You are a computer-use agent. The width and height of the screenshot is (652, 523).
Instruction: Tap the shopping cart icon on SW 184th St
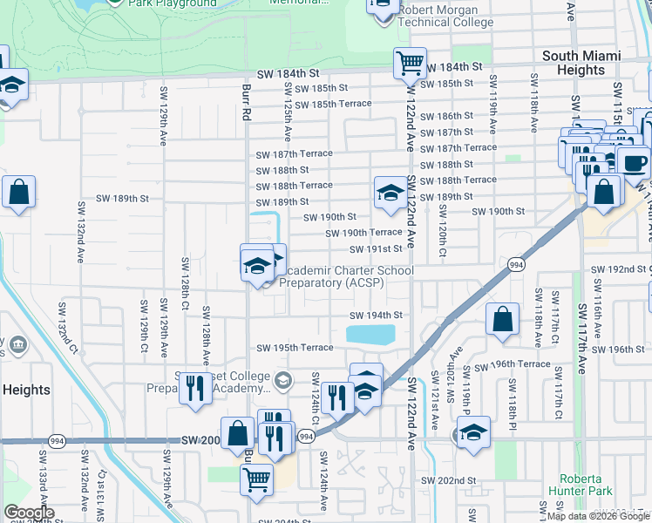click(409, 62)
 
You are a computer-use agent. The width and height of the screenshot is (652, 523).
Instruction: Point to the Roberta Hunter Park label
click(581, 486)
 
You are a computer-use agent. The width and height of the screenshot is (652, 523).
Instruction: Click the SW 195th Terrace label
click(295, 348)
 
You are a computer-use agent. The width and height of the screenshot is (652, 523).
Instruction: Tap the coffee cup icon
click(633, 161)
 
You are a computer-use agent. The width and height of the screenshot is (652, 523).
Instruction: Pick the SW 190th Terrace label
click(363, 233)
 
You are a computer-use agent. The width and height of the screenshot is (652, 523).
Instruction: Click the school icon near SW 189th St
click(390, 192)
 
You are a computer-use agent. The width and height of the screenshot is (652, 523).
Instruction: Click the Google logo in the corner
click(29, 513)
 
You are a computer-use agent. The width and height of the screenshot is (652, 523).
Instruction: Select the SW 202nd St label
click(448, 480)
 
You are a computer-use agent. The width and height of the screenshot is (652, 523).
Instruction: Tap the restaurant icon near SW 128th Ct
click(195, 387)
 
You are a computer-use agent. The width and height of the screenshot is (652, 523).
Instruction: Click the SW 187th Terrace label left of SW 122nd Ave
click(295, 153)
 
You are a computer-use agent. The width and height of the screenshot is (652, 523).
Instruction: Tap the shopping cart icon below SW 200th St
click(256, 478)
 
